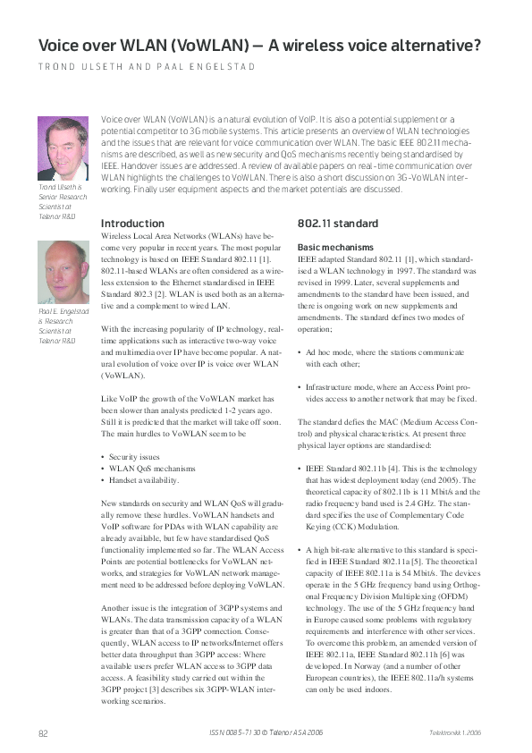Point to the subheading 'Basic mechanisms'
coord(335,246)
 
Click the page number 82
coord(43,733)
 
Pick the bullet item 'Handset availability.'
coord(149,480)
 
